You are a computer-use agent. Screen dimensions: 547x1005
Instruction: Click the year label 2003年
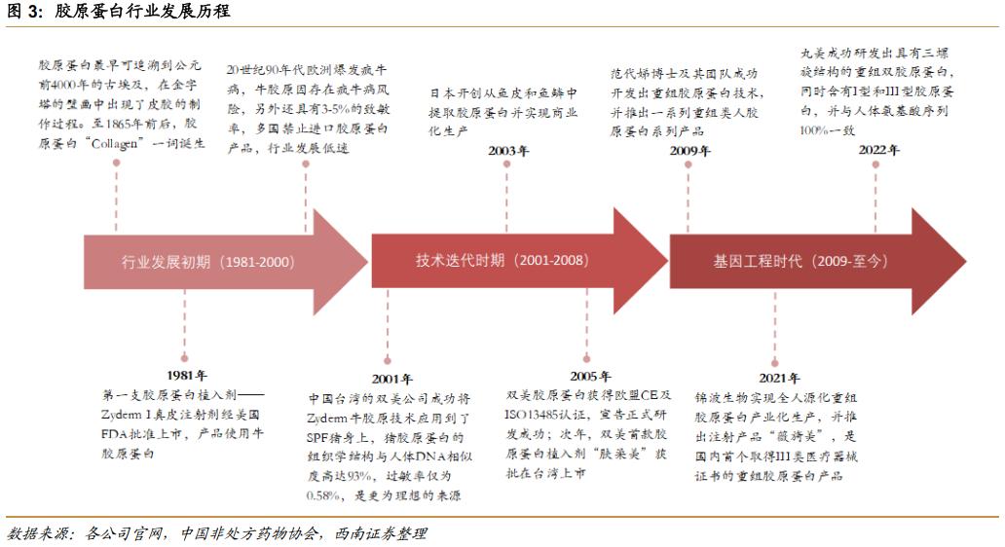click(508, 151)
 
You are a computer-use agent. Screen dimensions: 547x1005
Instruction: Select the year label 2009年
click(689, 151)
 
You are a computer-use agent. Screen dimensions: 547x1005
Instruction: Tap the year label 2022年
click(878, 150)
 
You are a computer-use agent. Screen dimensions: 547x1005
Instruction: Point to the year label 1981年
click(186, 374)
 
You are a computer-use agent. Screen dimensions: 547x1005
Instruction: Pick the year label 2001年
click(392, 379)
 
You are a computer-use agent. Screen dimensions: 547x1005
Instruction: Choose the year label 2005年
click(591, 376)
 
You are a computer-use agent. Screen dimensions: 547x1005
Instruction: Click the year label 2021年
click(780, 378)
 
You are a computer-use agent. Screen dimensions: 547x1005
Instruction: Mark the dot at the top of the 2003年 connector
click(507, 164)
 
